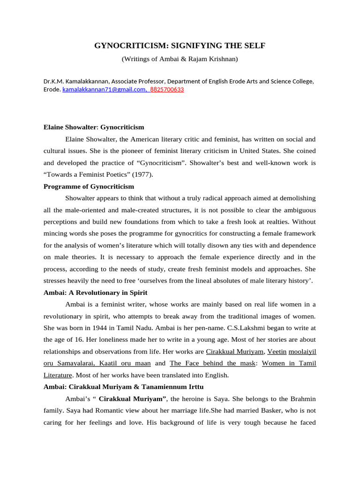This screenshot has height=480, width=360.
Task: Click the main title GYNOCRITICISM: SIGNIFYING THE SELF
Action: (x=180, y=46)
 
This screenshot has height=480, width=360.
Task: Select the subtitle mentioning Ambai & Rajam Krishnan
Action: (x=180, y=59)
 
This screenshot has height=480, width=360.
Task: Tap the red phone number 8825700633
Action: (x=167, y=89)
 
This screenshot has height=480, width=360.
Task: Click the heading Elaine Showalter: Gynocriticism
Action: (x=94, y=127)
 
